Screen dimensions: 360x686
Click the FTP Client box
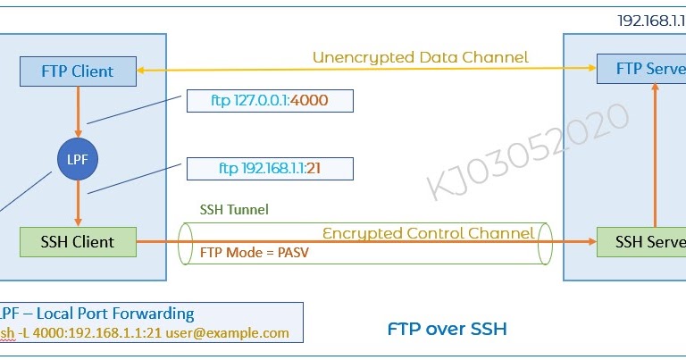[x=79, y=71]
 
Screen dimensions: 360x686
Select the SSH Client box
[x=79, y=241]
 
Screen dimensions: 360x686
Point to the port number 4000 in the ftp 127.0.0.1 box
[x=309, y=101]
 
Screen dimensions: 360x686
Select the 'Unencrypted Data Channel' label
[x=420, y=57]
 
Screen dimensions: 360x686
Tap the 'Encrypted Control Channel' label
[x=428, y=233]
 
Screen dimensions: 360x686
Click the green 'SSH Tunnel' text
[x=234, y=209]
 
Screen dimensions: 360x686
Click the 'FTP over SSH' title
[x=447, y=329]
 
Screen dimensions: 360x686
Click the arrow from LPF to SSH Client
[x=79, y=200]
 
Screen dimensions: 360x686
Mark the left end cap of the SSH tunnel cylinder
[x=186, y=242]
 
